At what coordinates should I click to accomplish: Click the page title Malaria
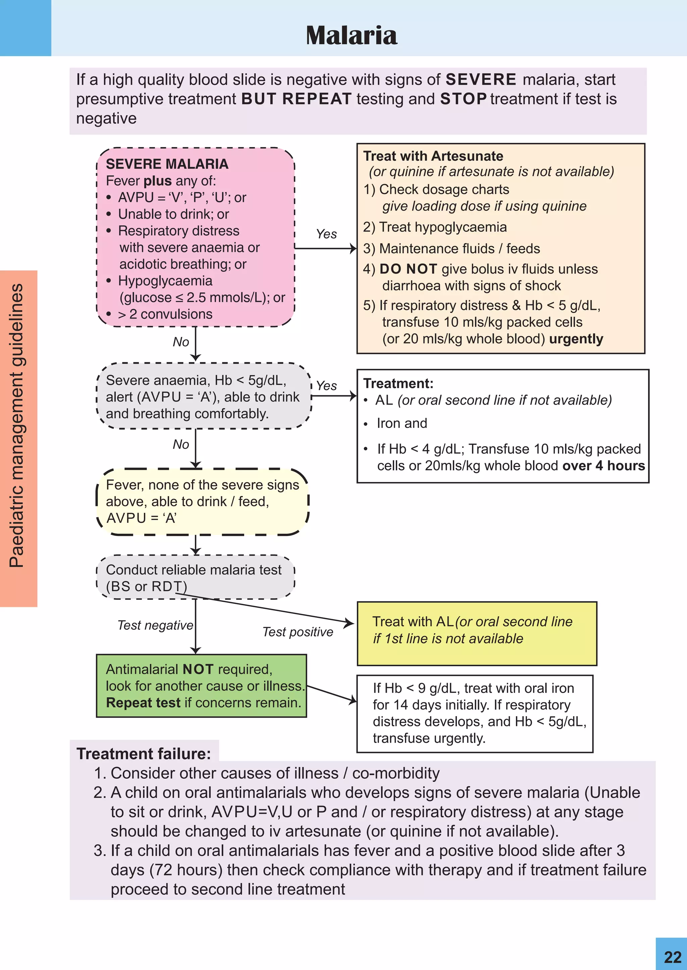click(351, 35)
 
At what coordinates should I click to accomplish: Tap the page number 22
click(672, 957)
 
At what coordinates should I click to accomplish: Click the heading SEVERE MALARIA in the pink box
click(167, 164)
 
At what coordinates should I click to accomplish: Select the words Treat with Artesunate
click(433, 156)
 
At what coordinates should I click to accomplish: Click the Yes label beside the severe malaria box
click(326, 234)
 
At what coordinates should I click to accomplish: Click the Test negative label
click(155, 625)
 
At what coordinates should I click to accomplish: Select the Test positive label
click(298, 632)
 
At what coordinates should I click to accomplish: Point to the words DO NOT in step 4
click(408, 269)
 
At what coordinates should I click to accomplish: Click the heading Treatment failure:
click(144, 754)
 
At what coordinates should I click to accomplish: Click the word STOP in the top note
click(463, 99)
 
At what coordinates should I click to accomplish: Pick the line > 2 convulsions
click(165, 314)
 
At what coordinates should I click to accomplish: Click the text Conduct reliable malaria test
click(193, 570)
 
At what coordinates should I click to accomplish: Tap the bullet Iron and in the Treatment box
click(402, 423)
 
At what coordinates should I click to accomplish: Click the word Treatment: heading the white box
click(398, 383)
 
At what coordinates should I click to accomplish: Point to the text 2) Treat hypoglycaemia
click(435, 227)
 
